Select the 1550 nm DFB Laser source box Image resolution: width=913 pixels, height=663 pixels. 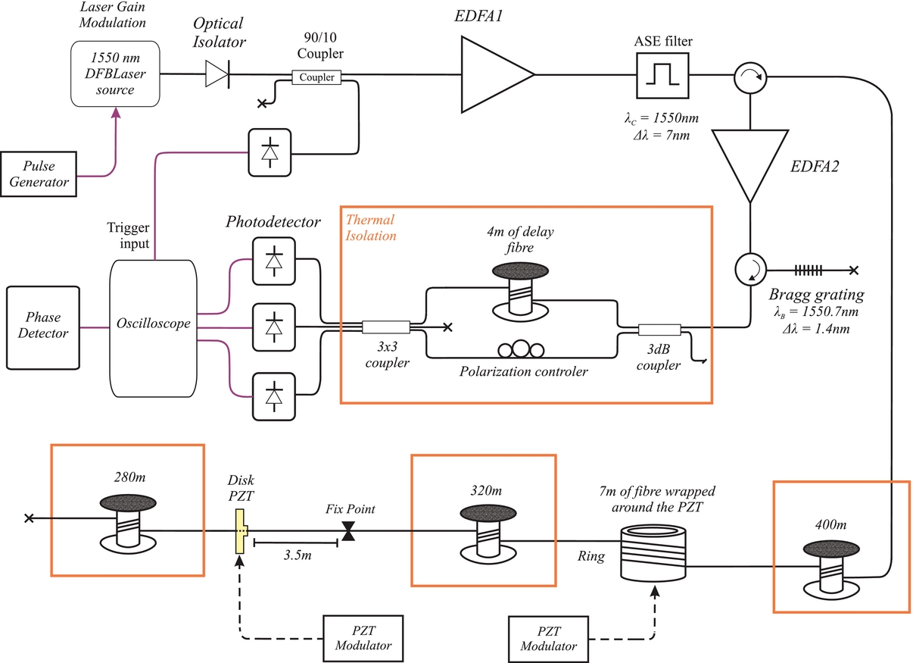tap(116, 73)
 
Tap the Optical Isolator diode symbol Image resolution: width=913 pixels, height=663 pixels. tap(218, 74)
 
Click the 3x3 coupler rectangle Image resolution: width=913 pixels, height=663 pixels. tap(386, 327)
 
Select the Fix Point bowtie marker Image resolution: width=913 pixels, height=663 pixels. tap(348, 535)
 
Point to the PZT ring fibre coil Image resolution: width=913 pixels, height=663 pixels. tap(651, 556)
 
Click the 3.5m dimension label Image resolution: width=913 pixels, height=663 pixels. tap(296, 556)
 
